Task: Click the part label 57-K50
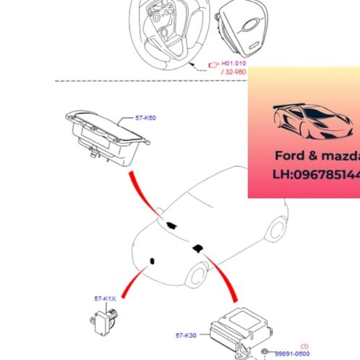tap(145, 117)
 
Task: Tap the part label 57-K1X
tap(105, 298)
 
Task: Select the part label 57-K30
tap(186, 335)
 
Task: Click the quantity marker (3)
tap(304, 346)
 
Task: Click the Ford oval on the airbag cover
tap(252, 33)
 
